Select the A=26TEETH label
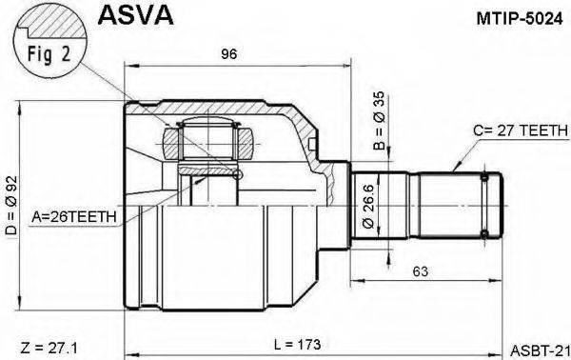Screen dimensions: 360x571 tap(77, 216)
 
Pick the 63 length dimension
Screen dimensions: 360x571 tap(420, 270)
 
